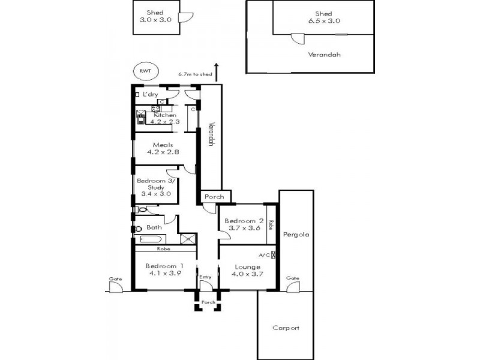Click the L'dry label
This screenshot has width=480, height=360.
pyautogui.click(x=151, y=95)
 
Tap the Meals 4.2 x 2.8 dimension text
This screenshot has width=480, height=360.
pyautogui.click(x=164, y=152)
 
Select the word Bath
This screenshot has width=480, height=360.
pyautogui.click(x=154, y=227)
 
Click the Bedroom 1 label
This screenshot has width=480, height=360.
pyautogui.click(x=164, y=266)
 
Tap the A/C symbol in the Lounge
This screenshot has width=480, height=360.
pyautogui.click(x=274, y=254)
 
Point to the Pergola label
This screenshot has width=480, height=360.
pyautogui.click(x=296, y=235)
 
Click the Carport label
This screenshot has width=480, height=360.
pyautogui.click(x=286, y=328)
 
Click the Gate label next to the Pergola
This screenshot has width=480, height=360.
pyautogui.click(x=293, y=278)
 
